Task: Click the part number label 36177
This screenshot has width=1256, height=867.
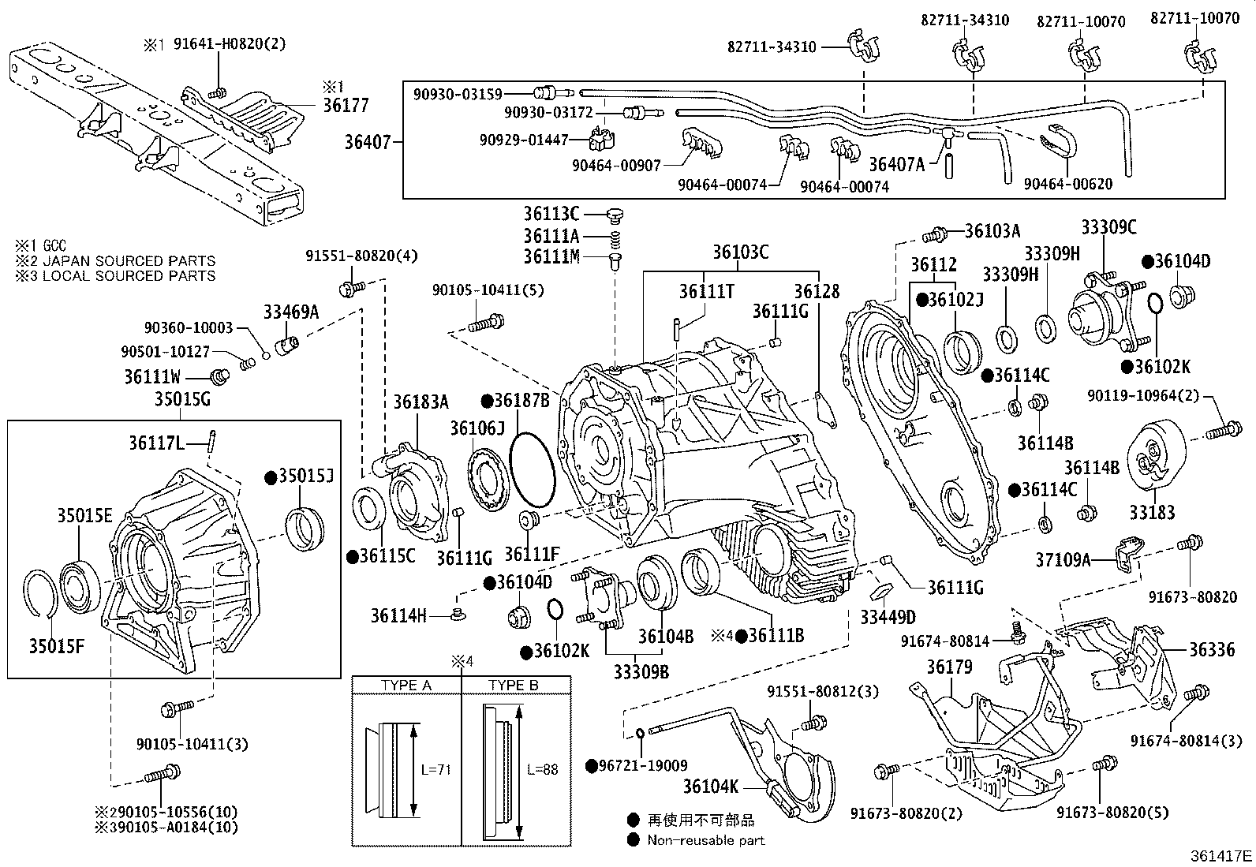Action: [346, 106]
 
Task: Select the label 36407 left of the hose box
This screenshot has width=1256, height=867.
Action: [368, 142]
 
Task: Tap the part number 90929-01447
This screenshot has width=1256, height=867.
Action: [524, 140]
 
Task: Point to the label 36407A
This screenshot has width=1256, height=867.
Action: [896, 164]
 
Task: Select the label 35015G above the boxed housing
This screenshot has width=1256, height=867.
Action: [182, 399]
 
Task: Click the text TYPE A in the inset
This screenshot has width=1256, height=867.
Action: [406, 686]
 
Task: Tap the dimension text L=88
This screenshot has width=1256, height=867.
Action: [542, 769]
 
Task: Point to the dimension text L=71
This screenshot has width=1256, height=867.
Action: [435, 769]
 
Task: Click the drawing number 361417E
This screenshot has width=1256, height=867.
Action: [1221, 856]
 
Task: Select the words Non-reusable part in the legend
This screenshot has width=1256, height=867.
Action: [706, 840]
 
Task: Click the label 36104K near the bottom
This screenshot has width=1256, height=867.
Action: [710, 787]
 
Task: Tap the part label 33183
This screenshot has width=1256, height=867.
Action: [1152, 513]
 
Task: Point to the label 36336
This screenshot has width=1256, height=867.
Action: [1212, 649]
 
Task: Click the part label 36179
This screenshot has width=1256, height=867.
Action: [949, 667]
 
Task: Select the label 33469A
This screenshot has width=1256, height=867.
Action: [291, 312]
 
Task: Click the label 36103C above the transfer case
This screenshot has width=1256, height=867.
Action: [740, 252]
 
